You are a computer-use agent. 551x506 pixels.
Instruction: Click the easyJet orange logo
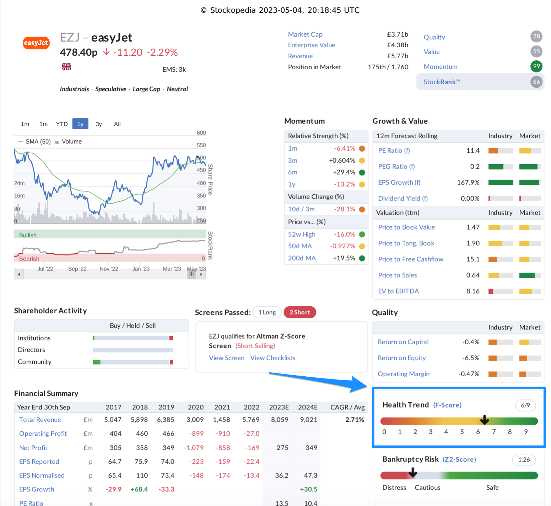pos(36,43)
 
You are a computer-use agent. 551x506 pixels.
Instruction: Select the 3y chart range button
pos(99,124)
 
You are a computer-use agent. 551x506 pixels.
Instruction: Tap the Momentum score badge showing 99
pos(536,66)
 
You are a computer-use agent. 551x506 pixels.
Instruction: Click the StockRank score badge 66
pos(536,82)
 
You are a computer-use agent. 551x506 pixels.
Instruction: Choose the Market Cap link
pos(305,34)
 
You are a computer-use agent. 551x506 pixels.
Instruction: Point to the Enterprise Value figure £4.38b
pos(397,45)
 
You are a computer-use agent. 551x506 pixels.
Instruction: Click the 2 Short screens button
pos(300,312)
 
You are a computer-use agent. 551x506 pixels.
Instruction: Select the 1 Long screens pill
pos(267,312)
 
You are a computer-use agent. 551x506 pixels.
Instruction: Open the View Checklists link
pos(273,358)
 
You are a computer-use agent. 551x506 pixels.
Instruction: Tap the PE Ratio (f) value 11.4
pos(473,151)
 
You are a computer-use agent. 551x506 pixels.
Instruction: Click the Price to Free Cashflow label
pos(411,259)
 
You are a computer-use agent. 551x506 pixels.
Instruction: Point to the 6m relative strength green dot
pos(362,172)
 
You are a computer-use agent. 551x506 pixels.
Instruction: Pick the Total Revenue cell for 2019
pos(166,420)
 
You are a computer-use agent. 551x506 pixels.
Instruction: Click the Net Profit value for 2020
pos(194,448)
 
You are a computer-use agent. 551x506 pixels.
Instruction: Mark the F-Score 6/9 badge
pos(525,405)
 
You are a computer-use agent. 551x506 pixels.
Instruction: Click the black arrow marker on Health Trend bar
pos(484,420)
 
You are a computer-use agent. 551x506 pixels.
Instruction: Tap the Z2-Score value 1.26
pos(524,460)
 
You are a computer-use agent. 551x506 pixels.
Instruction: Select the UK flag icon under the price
pos(66,67)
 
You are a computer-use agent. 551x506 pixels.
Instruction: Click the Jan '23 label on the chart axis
pos(141,269)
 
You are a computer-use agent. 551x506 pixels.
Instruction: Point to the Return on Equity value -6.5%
pos(471,358)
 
